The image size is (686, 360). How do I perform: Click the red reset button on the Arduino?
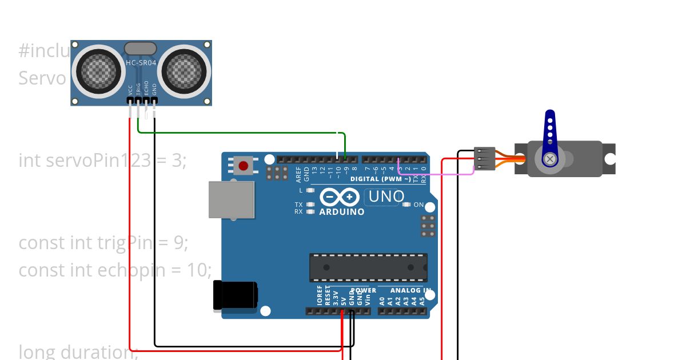[244, 166]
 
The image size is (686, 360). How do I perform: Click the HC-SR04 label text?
[141, 63]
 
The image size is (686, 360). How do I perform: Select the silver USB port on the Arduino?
[231, 200]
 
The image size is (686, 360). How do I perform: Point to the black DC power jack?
[234, 296]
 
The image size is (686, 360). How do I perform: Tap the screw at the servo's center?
[550, 159]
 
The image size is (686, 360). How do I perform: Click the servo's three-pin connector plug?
[484, 159]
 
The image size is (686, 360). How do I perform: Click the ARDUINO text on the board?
[341, 212]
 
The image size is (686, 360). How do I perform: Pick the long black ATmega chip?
[368, 267]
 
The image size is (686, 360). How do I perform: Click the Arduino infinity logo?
[341, 197]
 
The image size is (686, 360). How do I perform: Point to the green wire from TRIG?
[240, 133]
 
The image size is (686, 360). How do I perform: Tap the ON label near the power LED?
[418, 205]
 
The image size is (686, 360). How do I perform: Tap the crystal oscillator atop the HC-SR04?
[140, 49]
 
